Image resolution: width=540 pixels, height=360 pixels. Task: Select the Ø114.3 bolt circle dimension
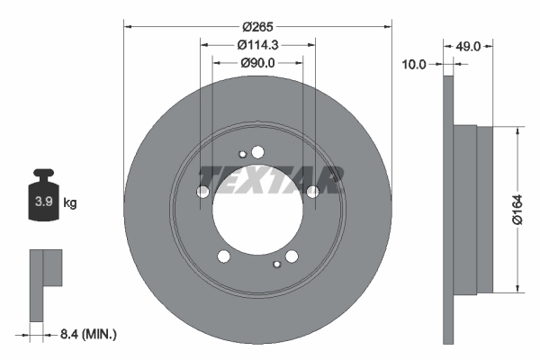[x=257, y=45]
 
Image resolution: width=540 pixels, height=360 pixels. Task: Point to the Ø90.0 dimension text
[x=257, y=63]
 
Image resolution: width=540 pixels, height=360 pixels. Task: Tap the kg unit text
[x=70, y=202]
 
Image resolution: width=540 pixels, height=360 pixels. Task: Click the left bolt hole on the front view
[x=202, y=192]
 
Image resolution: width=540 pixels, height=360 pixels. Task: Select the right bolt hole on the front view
[x=312, y=192]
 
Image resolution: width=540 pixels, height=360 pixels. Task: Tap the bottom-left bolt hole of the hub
[x=224, y=257]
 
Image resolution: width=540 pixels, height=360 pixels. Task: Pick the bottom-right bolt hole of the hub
[x=291, y=258]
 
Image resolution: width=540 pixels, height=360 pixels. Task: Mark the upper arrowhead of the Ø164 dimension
[x=517, y=130]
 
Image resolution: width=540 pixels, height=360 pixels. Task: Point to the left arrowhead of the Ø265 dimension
[x=126, y=24]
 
